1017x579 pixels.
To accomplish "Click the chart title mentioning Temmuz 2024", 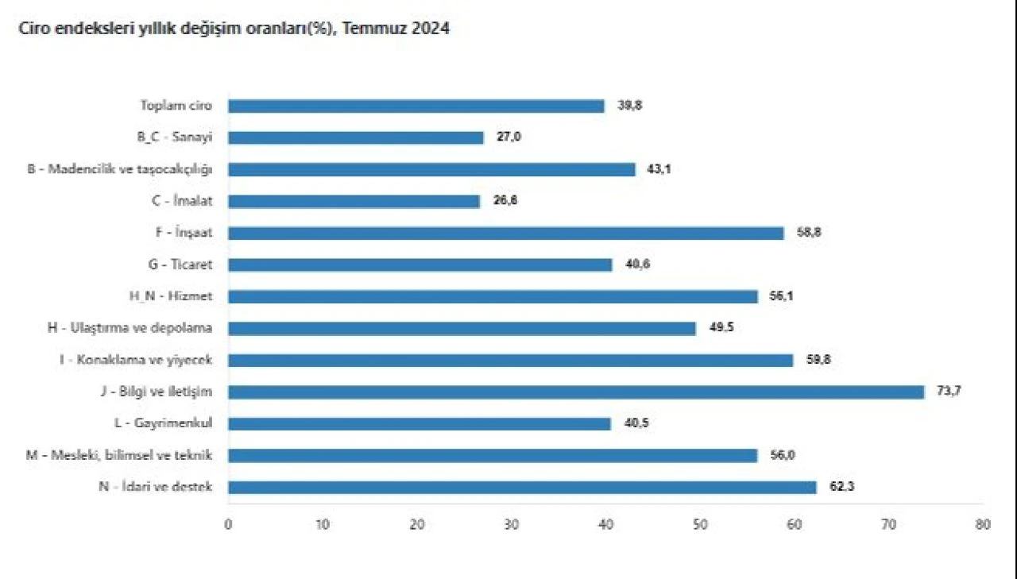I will point(228,30).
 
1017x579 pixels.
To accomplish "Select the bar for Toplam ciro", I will point(416,106).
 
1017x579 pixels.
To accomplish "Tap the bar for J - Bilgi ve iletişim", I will point(576,392).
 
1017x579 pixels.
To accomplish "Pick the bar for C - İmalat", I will point(354,201).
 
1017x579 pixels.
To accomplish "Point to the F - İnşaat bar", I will point(506,233).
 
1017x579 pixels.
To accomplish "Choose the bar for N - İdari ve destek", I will point(522,487).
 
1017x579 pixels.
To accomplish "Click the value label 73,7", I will point(949,391).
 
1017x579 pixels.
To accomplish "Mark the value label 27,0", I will point(508,137).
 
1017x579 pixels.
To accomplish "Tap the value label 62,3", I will point(841,487).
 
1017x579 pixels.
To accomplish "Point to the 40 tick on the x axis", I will point(606,524).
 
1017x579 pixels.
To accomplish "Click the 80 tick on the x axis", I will point(984,524).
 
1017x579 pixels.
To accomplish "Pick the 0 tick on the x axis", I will point(228,524).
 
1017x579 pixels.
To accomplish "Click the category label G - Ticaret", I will point(180,264).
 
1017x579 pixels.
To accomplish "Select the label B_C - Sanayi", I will point(174,137).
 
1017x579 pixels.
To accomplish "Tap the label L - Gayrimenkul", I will point(169,423).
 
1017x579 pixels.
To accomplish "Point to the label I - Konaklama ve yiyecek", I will point(137,360).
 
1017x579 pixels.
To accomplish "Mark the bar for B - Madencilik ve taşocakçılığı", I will point(431,169).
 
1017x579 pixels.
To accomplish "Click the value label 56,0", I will point(783,455).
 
